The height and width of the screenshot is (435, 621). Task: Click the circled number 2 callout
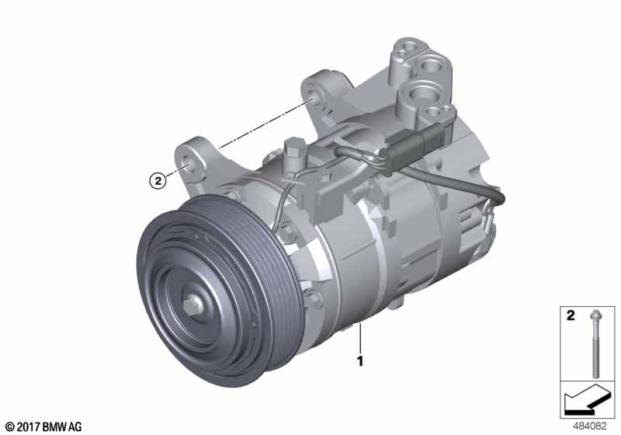point(158,181)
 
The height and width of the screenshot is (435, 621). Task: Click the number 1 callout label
point(360,361)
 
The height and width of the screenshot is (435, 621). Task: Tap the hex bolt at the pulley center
point(193,305)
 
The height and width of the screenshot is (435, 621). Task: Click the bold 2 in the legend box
point(571,315)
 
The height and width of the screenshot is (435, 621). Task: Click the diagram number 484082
point(589,426)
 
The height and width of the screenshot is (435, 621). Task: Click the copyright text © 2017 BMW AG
point(43,426)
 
